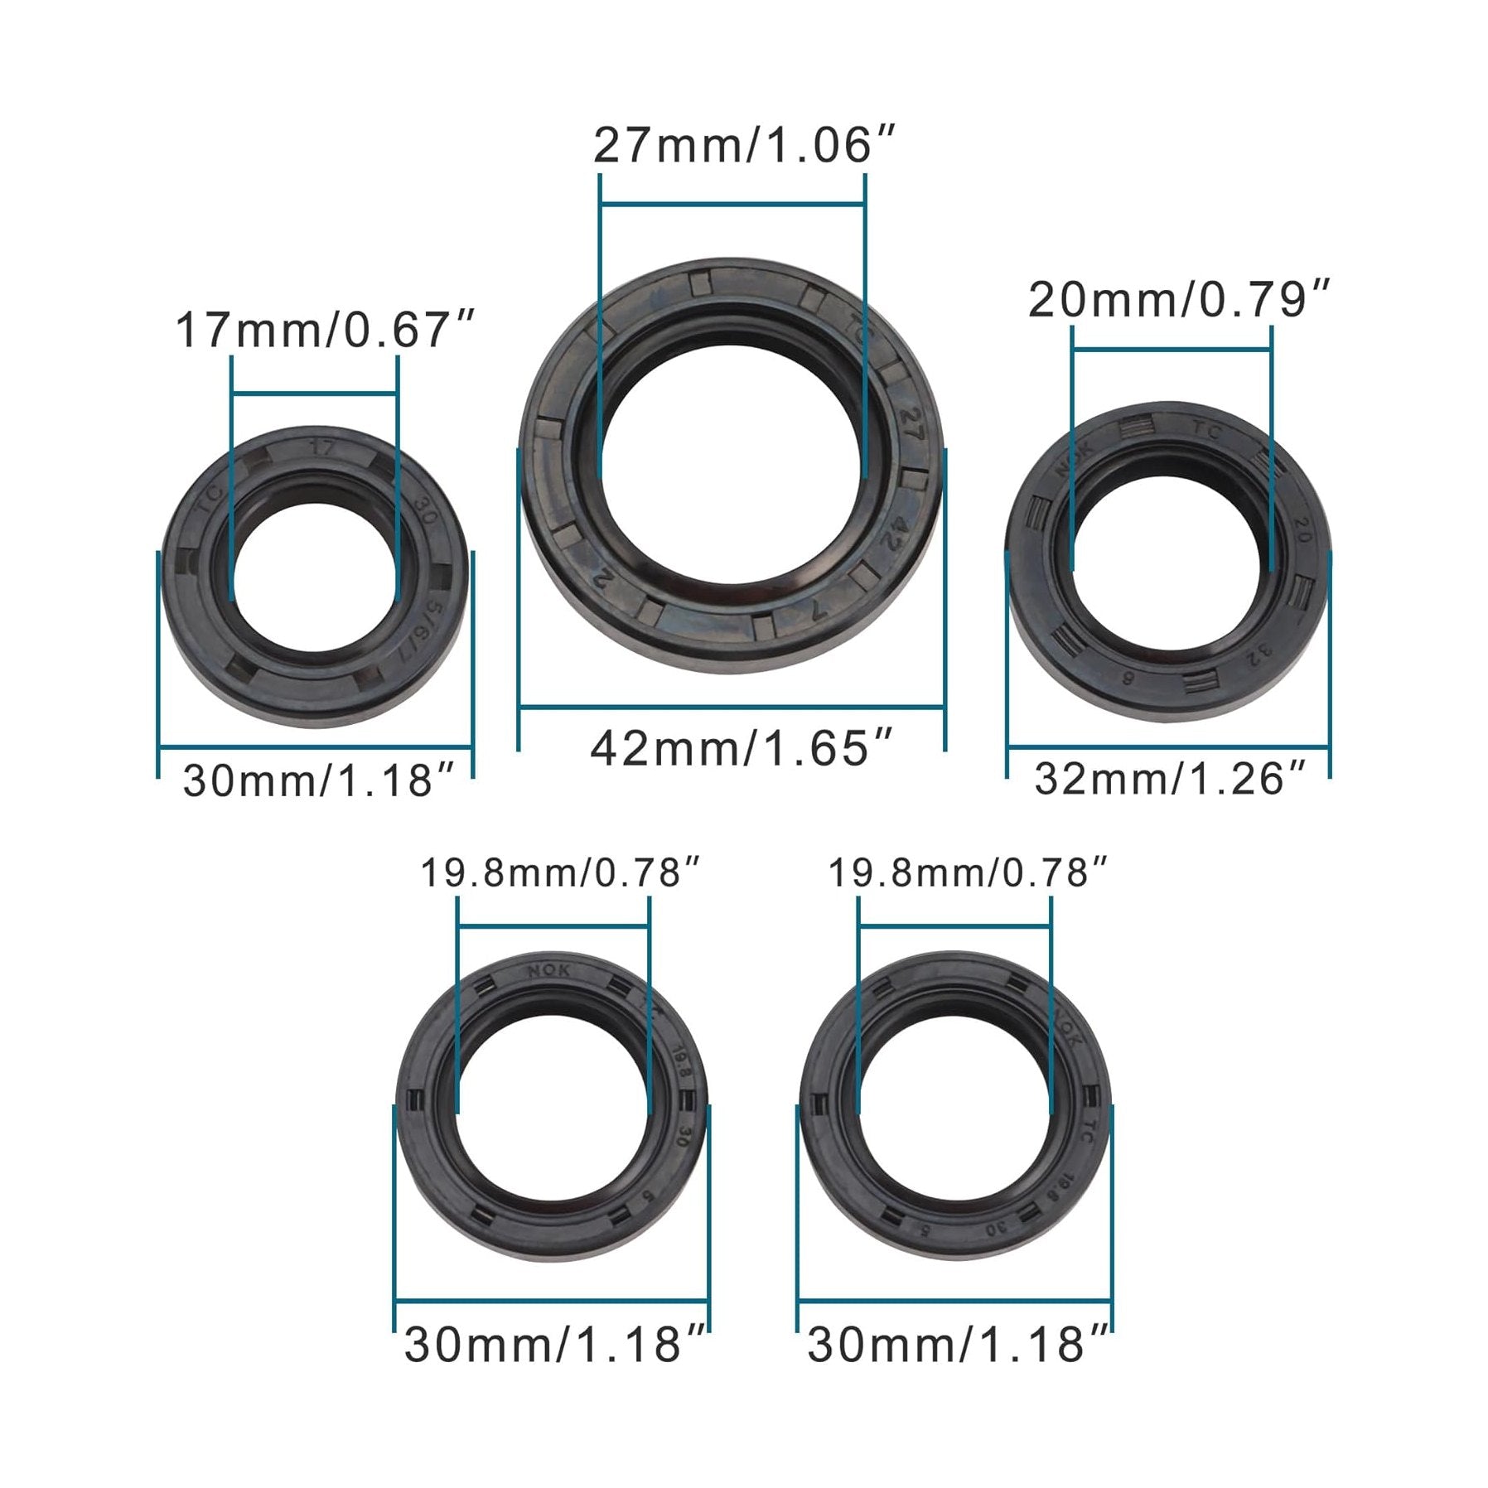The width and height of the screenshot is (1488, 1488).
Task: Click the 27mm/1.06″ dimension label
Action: pyautogui.click(x=744, y=147)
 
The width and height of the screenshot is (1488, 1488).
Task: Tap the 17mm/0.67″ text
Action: pyautogui.click(x=325, y=331)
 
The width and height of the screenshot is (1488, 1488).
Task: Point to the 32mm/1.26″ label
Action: pyautogui.click(x=1169, y=780)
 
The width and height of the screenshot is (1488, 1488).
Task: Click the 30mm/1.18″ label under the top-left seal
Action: pyautogui.click(x=319, y=781)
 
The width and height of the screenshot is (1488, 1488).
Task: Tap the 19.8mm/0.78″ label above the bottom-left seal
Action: pyautogui.click(x=561, y=873)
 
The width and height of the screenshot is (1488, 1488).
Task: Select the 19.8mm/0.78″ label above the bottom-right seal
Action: pyautogui.click(x=968, y=873)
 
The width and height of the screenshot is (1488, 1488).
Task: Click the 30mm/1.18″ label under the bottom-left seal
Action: pyautogui.click(x=553, y=1345)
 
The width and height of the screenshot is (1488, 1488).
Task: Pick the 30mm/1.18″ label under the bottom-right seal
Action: pyautogui.click(x=957, y=1345)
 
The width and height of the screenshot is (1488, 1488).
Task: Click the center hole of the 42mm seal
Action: pyautogui.click(x=732, y=464)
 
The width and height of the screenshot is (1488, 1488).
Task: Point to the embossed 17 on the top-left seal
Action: pyautogui.click(x=323, y=448)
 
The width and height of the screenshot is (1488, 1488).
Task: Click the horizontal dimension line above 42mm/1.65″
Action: pyautogui.click(x=732, y=707)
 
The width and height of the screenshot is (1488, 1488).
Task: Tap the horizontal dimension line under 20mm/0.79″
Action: pyautogui.click(x=1172, y=350)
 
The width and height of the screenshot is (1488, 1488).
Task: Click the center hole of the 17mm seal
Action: pyautogui.click(x=315, y=577)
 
